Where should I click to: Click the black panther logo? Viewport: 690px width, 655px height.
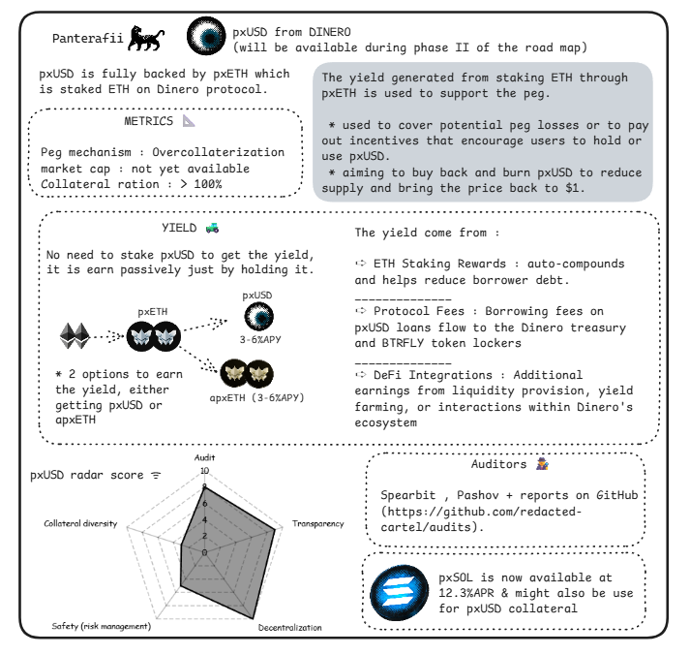pos(152,40)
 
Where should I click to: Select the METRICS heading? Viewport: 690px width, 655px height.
pos(150,122)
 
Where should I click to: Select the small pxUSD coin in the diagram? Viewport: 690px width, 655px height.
pos(256,317)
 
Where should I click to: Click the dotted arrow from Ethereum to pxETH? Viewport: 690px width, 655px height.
pos(110,336)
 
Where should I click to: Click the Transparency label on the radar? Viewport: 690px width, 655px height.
pos(317,524)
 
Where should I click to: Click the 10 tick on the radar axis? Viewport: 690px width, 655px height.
pos(203,471)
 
